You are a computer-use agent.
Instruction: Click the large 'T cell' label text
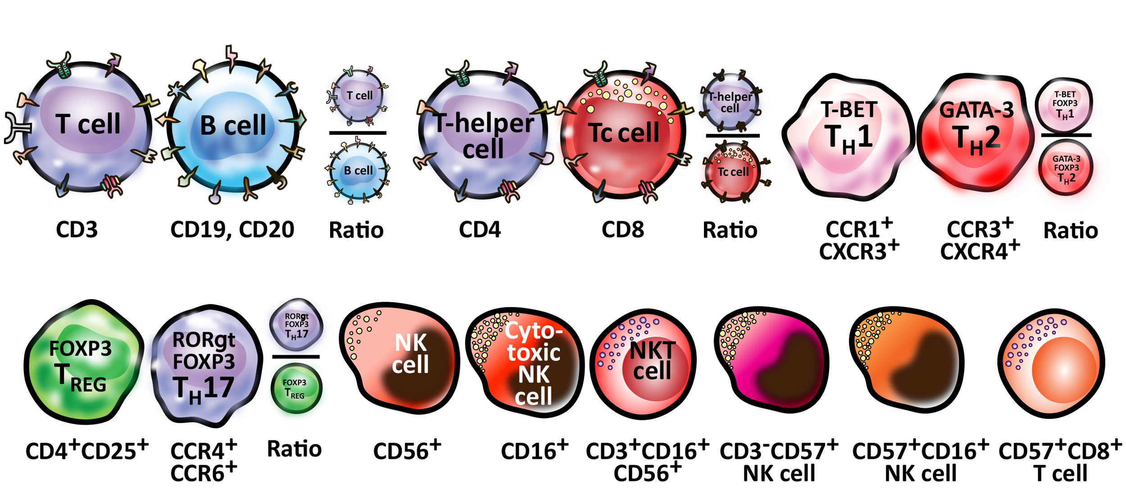(88, 124)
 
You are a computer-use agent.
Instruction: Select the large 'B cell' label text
(233, 125)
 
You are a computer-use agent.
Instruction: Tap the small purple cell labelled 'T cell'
(359, 96)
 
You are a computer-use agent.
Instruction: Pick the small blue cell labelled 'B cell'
(358, 171)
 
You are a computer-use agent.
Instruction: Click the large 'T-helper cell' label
(483, 135)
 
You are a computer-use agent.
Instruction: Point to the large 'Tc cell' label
(624, 133)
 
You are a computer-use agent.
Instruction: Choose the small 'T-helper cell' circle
(730, 103)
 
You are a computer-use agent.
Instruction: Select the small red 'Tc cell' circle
(733, 172)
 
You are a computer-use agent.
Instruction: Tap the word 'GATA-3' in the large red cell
(976, 110)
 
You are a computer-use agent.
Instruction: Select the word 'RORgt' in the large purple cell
(204, 340)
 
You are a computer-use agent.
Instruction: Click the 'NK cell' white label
(410, 354)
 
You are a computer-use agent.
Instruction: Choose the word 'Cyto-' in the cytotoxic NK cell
(534, 331)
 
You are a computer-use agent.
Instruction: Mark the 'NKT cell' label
(652, 360)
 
